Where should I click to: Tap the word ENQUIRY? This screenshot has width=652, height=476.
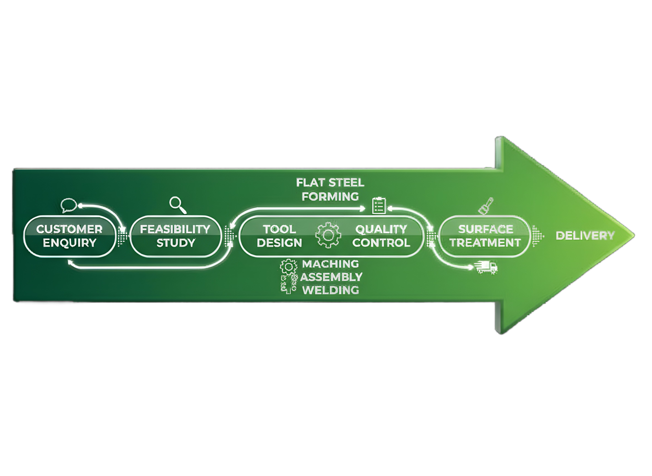click(70, 243)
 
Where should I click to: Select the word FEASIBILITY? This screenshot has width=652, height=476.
click(175, 229)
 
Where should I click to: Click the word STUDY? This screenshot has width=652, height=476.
click(176, 243)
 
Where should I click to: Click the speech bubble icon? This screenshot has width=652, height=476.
click(69, 205)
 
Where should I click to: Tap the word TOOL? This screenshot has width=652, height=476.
click(279, 229)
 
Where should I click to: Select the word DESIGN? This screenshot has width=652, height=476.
click(279, 243)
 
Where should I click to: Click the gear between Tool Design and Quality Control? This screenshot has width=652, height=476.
click(328, 235)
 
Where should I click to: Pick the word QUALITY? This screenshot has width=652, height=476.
click(381, 229)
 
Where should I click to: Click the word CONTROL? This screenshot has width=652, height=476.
click(381, 243)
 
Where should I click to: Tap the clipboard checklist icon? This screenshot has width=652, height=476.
click(379, 206)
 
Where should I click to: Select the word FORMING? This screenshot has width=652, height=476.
click(330, 196)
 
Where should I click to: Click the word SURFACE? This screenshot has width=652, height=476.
click(485, 229)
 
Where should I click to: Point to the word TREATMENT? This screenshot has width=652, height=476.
click(485, 243)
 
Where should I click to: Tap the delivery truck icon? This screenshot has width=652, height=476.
click(487, 267)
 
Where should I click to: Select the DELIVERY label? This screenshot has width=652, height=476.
click(585, 236)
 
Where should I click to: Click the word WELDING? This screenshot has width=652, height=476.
click(331, 290)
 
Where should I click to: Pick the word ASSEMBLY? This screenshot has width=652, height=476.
click(331, 277)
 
